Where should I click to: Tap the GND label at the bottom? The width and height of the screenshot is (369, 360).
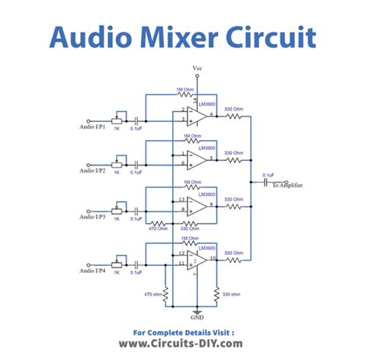(197, 317)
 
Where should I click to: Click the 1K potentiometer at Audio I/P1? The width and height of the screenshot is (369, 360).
(118, 121)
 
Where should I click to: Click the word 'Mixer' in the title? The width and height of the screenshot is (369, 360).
(185, 37)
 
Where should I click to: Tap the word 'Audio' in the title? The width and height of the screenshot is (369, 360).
(88, 37)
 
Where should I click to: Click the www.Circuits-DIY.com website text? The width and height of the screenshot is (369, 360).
(184, 343)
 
